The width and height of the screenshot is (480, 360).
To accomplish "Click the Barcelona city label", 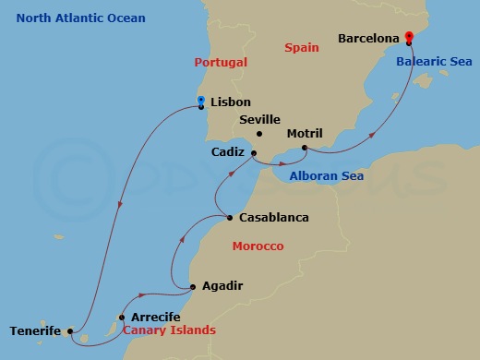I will (368, 40).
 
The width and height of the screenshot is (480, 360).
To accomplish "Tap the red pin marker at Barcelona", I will (408, 39).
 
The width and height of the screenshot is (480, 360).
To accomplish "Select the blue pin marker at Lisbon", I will (201, 101).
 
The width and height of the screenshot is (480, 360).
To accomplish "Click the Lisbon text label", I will (231, 102).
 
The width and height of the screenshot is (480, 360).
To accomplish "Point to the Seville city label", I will (259, 120).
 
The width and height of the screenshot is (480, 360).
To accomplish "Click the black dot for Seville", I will (259, 134).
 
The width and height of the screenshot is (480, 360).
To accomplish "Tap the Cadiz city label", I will (228, 152).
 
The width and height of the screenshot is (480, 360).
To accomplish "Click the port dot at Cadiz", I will (254, 153).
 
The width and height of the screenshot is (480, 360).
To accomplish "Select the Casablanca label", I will (273, 219).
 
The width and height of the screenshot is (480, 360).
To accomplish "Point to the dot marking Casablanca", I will (230, 219).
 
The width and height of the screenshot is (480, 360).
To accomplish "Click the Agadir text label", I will (222, 286).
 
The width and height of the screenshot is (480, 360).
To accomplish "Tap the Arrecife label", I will (156, 317).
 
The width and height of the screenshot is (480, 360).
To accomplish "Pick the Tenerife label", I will (35, 330).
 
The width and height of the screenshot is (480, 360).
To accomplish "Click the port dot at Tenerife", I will (71, 330).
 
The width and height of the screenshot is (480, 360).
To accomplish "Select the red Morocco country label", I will (258, 246).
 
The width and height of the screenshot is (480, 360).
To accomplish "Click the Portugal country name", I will (222, 63).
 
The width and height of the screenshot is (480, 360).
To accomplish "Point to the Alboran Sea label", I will (326, 176).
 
